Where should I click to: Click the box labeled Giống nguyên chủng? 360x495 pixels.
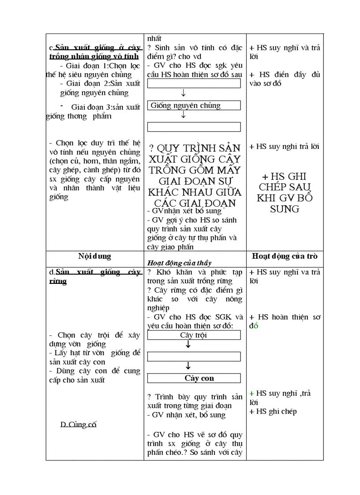pyautogui.click(x=194, y=105)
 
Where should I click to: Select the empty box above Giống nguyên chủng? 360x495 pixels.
pyautogui.click(x=194, y=83)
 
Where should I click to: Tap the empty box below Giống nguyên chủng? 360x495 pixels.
pyautogui.click(x=194, y=127)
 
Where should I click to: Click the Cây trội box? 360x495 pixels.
pyautogui.click(x=194, y=335)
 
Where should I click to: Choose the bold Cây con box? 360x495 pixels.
pyautogui.click(x=194, y=378)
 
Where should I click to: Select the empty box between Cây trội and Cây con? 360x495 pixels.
pyautogui.click(x=194, y=357)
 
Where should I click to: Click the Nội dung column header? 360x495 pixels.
pyautogui.click(x=94, y=256)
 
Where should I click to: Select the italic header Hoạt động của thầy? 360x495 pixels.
pyautogui.click(x=172, y=263)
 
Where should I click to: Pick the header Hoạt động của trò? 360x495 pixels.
pyautogui.click(x=285, y=256)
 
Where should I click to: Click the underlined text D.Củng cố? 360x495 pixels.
pyautogui.click(x=79, y=424)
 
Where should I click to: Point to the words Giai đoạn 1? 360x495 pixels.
pyautogui.click(x=84, y=66)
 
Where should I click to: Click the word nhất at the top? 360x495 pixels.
pyautogui.click(x=155, y=39)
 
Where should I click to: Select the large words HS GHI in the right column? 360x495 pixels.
pyautogui.click(x=285, y=177)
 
